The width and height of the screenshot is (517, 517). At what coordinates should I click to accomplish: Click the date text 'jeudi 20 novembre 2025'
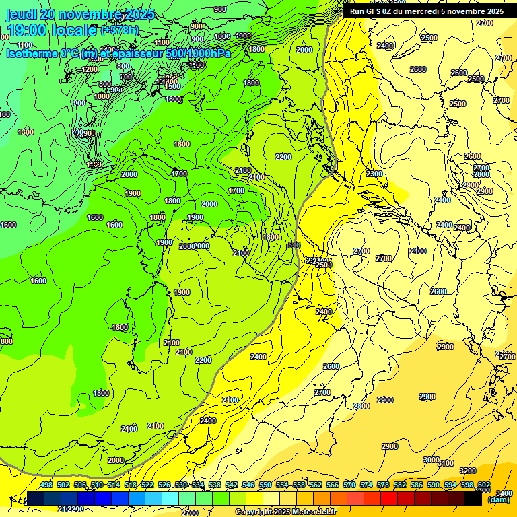(79, 14)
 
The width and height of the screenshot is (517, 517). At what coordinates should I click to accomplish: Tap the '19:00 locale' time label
(51, 30)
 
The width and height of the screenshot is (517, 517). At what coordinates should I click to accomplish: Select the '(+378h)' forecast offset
(120, 30)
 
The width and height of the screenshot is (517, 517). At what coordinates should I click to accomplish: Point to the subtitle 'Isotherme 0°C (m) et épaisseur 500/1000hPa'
(118, 53)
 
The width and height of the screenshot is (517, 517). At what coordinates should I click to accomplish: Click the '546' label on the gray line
(294, 245)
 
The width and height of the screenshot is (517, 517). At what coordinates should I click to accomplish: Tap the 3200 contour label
(467, 471)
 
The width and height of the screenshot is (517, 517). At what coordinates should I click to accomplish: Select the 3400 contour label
(504, 493)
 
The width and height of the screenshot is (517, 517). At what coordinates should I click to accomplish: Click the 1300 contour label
(26, 132)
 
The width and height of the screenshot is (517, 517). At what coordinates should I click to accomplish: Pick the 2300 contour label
(374, 174)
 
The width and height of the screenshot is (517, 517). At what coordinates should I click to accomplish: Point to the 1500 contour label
(172, 86)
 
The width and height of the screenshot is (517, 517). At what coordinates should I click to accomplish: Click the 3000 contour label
(431, 460)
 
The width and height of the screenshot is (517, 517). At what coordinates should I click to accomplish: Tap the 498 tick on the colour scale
(46, 485)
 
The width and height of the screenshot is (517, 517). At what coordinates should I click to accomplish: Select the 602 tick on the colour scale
(484, 485)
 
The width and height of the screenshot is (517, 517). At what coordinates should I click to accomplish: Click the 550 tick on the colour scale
(265, 485)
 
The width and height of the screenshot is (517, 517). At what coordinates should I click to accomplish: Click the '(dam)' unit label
(499, 499)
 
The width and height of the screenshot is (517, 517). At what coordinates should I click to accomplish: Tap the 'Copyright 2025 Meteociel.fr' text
(290, 512)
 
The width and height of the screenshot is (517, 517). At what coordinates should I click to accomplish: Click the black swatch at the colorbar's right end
(473, 498)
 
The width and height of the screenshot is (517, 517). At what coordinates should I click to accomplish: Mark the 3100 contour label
(446, 463)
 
